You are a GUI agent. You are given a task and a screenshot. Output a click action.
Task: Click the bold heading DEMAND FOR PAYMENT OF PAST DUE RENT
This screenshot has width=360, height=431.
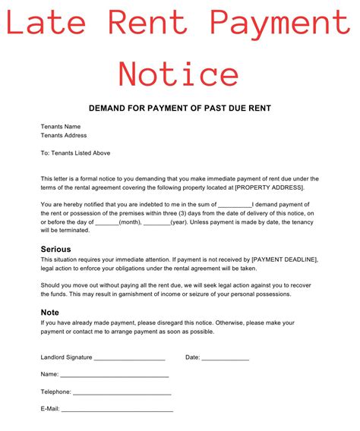180,109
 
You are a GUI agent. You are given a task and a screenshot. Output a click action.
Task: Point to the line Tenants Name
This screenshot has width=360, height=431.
61,126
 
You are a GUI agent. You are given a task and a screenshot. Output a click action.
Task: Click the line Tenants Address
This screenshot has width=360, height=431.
64,135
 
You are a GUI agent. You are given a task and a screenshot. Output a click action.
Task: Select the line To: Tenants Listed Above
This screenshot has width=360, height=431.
75,153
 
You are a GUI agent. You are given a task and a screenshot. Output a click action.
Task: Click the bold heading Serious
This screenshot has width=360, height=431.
55,249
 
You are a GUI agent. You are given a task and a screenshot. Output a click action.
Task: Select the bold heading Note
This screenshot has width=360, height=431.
49,312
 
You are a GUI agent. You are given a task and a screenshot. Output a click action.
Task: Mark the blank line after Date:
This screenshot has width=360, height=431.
226,357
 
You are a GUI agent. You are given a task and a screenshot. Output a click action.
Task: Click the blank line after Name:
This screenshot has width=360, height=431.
114,375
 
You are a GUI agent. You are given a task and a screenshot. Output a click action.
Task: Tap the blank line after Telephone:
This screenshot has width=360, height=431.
122,392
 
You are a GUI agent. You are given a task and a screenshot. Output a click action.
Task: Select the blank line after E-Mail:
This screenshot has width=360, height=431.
117,410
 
